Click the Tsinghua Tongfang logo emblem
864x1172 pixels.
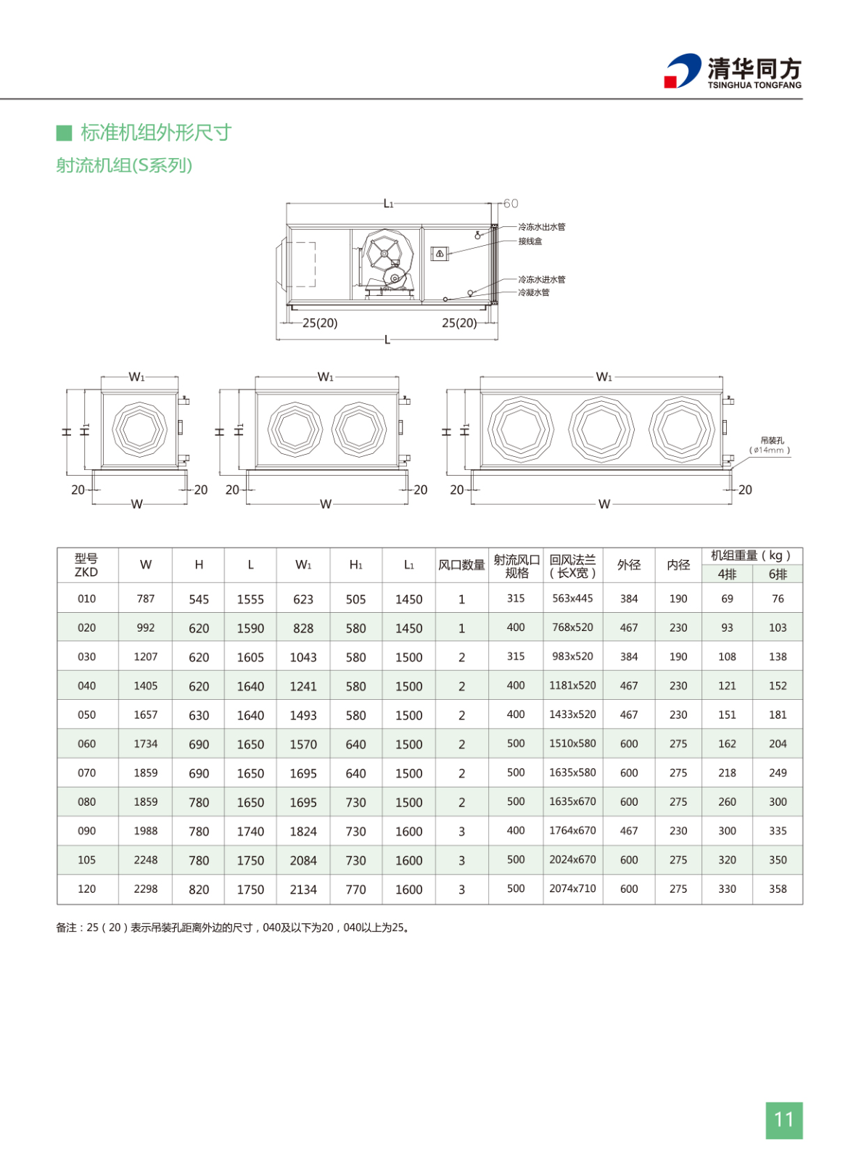tap(683, 70)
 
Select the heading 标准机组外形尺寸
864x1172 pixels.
tap(156, 133)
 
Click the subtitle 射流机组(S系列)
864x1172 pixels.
tap(124, 165)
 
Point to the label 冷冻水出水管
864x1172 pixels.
tap(542, 227)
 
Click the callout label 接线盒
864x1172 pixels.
tap(530, 242)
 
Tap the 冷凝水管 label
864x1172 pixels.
tap(534, 292)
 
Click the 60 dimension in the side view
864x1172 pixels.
tap(511, 204)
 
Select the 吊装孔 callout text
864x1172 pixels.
tap(773, 440)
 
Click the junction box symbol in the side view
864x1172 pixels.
tap(439, 253)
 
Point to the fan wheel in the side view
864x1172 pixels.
tap(384, 254)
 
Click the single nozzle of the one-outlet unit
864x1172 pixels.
tap(140, 429)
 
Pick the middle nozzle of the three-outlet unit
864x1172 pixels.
tap(601, 429)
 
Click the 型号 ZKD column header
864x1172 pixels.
tap(86, 565)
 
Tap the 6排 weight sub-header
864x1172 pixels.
tap(778, 574)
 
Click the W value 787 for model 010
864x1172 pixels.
tap(146, 598)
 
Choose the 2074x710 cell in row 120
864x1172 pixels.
tap(572, 888)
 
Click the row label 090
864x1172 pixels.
tap(87, 831)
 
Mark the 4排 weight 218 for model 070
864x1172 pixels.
tap(727, 773)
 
